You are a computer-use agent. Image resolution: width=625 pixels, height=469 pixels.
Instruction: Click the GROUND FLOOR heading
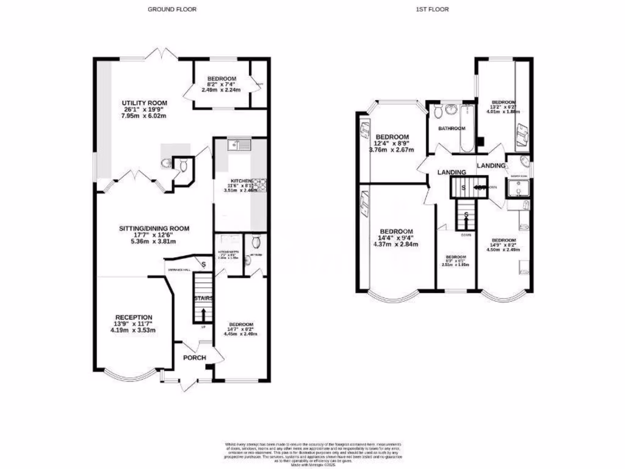click(x=172, y=9)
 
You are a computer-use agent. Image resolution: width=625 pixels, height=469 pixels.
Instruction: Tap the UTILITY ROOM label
click(x=145, y=103)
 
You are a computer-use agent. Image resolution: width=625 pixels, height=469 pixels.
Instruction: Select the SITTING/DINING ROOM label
click(x=154, y=228)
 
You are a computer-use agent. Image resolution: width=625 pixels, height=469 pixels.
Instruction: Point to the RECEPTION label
click(x=133, y=317)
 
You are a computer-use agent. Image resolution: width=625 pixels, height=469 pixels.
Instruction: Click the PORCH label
click(x=193, y=358)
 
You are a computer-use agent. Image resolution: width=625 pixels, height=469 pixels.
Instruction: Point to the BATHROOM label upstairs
click(x=452, y=128)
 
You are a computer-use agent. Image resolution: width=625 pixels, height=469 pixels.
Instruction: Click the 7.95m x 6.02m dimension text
click(x=145, y=116)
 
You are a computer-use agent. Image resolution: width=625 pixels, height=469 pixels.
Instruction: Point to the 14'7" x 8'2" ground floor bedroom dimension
click(x=242, y=330)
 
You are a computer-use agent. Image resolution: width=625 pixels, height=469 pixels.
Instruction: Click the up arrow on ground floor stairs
click(x=203, y=314)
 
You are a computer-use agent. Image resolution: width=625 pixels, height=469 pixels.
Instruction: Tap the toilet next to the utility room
click(x=167, y=163)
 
